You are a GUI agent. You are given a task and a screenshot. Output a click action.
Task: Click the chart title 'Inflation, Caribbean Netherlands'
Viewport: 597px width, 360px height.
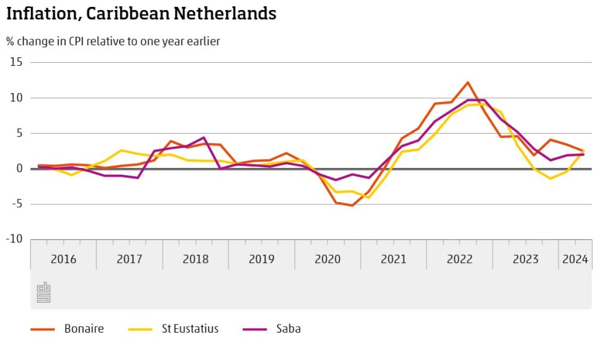141,14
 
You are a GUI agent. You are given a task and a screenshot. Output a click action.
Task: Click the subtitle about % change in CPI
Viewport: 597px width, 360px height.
113,42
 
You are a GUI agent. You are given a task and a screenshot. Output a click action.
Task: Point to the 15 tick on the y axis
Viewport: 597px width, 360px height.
16,62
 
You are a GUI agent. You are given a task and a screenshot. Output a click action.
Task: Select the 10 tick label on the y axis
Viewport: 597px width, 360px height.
16,98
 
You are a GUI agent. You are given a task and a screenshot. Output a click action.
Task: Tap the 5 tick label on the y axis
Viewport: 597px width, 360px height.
19,133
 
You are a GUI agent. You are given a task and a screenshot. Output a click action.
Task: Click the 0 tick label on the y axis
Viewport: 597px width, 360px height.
19,168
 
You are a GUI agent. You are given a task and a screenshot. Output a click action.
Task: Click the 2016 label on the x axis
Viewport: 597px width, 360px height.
63,259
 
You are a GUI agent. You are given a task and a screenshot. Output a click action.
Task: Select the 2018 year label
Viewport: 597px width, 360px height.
195,259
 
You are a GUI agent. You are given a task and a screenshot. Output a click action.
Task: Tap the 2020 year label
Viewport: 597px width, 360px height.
328,259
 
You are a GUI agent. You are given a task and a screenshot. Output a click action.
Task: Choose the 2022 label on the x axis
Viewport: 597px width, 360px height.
460,259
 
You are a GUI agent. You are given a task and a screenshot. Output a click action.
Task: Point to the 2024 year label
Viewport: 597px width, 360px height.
575,259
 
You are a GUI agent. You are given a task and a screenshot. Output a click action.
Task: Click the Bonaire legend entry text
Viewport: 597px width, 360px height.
84,329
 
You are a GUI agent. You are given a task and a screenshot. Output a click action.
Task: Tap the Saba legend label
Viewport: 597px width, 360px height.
289,329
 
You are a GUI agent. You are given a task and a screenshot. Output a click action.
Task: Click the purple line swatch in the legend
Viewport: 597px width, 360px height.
256,329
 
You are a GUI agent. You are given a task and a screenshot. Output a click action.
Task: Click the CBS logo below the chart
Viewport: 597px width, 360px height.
44,292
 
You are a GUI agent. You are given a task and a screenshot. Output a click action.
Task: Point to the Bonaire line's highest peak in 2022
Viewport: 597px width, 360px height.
468,82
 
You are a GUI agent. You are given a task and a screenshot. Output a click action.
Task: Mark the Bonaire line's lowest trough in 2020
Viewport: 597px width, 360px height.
352,205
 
